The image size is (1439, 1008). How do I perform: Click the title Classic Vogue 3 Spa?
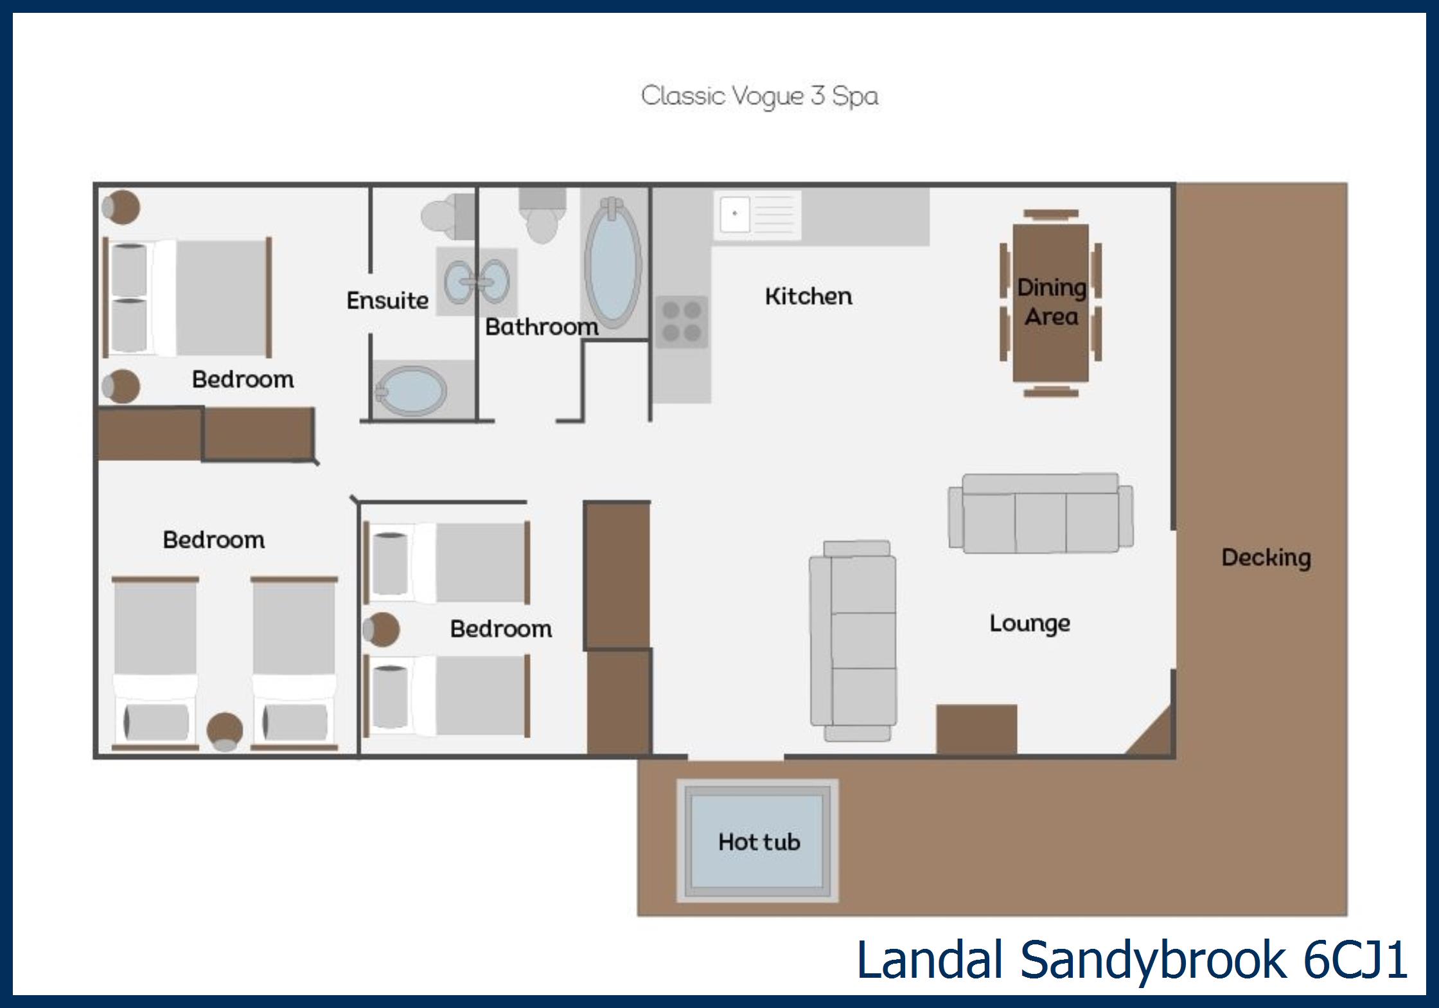click(759, 96)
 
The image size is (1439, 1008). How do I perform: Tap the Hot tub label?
click(759, 842)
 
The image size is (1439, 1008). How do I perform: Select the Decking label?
click(1266, 558)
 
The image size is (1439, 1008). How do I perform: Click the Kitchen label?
click(809, 296)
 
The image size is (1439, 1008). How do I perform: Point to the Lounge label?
click(1030, 624)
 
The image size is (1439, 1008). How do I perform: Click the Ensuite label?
click(387, 300)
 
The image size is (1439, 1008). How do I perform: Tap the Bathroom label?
click(542, 327)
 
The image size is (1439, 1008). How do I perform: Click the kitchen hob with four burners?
click(682, 321)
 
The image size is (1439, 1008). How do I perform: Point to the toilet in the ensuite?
click(448, 215)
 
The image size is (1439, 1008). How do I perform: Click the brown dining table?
click(1050, 303)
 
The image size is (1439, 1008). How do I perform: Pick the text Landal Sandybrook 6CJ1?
click(1132, 960)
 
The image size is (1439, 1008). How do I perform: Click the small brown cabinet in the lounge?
click(976, 729)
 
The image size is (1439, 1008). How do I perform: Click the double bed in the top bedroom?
click(188, 297)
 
